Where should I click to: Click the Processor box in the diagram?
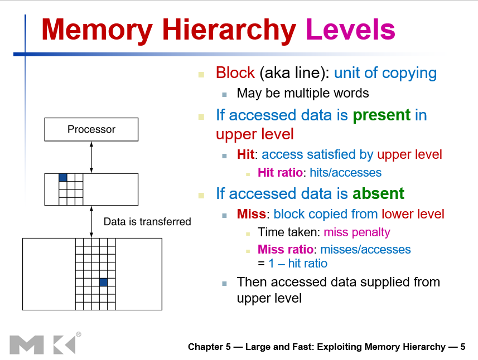tap(91, 129)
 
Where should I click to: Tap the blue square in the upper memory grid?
tap(63, 178)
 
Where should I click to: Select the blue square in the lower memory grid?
tap(103, 283)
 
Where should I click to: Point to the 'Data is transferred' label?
tap(147, 222)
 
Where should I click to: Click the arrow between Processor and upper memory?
tap(91, 157)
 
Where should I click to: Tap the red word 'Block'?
tap(235, 73)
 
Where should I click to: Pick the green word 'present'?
tap(382, 115)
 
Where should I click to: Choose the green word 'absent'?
tap(378, 194)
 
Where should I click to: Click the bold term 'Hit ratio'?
tap(280, 173)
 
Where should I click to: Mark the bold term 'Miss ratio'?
tap(285, 249)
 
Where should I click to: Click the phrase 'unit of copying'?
tap(385, 73)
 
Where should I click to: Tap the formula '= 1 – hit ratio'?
tap(292, 264)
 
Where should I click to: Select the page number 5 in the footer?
tap(463, 347)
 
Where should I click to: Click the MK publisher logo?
tap(42, 344)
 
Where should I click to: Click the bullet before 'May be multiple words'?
tap(224, 94)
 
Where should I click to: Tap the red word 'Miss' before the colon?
tap(251, 214)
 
